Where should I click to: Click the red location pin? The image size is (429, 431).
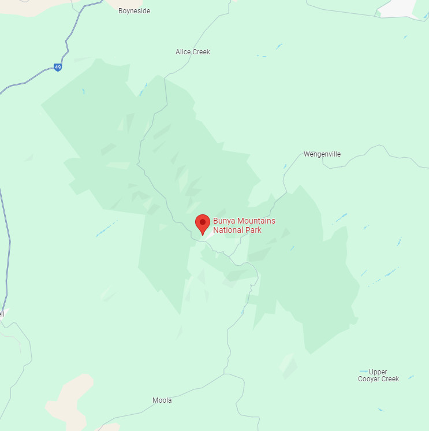[x=203, y=223]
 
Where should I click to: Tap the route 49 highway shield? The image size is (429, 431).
[x=58, y=67]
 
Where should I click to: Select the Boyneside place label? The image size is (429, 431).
[x=134, y=10]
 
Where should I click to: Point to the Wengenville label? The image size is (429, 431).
[x=322, y=154]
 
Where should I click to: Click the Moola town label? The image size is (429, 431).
[x=162, y=400]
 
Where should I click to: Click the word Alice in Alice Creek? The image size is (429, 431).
[x=183, y=52]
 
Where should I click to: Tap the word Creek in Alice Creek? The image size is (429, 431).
[x=201, y=52]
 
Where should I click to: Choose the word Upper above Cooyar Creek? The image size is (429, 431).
[x=378, y=371]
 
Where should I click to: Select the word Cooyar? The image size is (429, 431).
[x=369, y=379]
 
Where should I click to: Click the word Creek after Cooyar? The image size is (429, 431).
[x=390, y=379]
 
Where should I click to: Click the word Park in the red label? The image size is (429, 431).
[x=253, y=230]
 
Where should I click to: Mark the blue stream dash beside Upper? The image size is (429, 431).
[x=363, y=371]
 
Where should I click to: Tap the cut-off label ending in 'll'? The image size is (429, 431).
[x=2, y=314]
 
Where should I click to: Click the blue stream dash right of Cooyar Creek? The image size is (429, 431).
[x=411, y=377]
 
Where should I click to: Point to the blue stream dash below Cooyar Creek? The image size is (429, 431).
[x=380, y=409]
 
